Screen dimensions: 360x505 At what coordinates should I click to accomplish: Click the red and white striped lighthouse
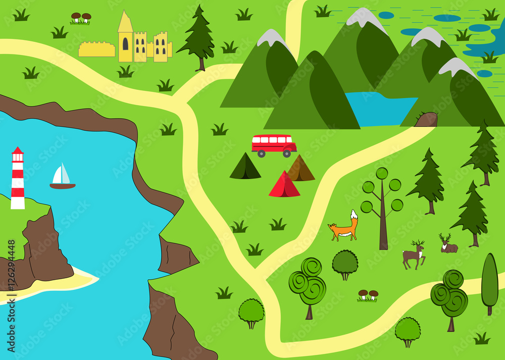[x=18, y=179]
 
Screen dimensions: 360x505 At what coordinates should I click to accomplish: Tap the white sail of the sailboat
[x=61, y=175]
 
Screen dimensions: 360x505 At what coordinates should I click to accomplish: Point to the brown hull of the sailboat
[x=63, y=186]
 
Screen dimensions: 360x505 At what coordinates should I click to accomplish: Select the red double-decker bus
[x=274, y=144]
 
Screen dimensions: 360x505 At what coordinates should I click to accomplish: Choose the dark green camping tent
[x=245, y=167]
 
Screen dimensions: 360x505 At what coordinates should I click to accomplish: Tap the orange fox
[x=343, y=230]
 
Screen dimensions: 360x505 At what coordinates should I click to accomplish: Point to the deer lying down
[x=448, y=245]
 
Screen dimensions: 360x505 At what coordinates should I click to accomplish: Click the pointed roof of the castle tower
[x=125, y=23]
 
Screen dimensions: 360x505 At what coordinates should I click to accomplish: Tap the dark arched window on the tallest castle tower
[x=125, y=44]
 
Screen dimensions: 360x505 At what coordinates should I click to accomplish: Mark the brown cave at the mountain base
[x=426, y=120]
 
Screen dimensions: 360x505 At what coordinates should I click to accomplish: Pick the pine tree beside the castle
[x=197, y=38]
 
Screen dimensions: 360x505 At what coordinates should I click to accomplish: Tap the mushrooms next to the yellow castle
[x=80, y=18]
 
